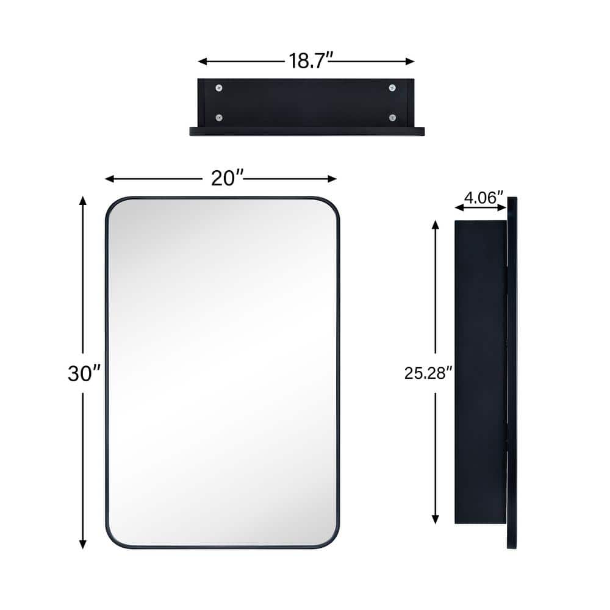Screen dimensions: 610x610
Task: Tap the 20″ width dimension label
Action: pos(228,178)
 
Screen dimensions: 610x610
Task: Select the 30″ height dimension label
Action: pos(84,373)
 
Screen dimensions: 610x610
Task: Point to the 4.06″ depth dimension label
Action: pos(484,198)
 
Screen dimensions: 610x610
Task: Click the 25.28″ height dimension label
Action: pos(428,373)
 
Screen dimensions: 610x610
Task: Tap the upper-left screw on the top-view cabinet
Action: pos(219,88)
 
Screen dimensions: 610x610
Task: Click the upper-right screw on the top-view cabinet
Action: pos(392,88)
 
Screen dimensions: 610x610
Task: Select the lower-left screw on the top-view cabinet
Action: pos(219,118)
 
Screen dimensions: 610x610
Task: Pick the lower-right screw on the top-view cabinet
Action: pos(392,118)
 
